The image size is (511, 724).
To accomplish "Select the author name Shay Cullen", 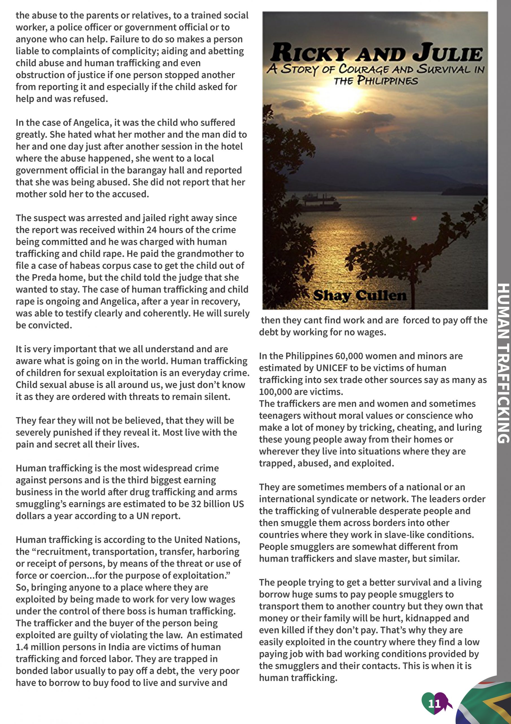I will pos(360,296).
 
